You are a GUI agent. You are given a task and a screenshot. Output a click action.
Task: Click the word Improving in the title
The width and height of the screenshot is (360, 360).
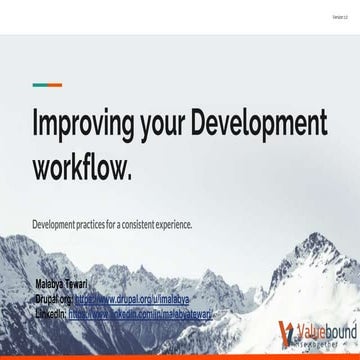84,126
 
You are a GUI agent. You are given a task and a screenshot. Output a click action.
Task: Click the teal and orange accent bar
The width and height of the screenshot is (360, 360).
47,85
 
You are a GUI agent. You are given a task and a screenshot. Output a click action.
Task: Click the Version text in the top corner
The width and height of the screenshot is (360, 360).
339,18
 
